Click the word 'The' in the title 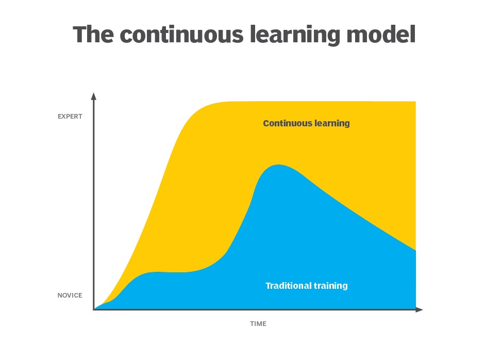pyautogui.click(x=93, y=34)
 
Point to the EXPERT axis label pyautogui.click(x=70, y=117)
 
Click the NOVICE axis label pyautogui.click(x=70, y=296)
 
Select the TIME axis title pyautogui.click(x=258, y=324)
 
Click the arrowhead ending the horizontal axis pyautogui.click(x=420, y=309)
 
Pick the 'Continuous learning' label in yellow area pyautogui.click(x=306, y=123)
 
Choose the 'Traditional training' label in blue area pyautogui.click(x=307, y=285)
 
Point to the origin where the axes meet pyautogui.click(x=94, y=309)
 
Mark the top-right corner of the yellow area pyautogui.click(x=415, y=102)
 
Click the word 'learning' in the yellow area pyautogui.click(x=331, y=124)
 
